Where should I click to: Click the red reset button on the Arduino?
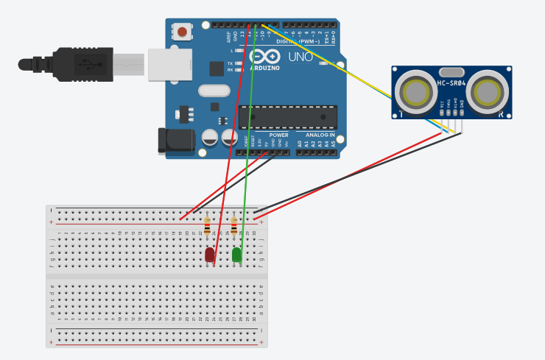click(x=180, y=32)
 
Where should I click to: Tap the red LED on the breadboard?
click(x=210, y=255)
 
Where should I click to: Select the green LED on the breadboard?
click(x=236, y=255)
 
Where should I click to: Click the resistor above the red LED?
click(x=207, y=226)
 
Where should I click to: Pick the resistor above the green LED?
click(x=234, y=226)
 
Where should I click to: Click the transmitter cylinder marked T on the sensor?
click(x=416, y=93)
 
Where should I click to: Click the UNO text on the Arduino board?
click(x=300, y=57)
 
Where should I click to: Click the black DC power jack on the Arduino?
click(x=175, y=141)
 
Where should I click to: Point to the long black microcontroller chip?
click(x=288, y=118)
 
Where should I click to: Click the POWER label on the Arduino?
click(x=278, y=135)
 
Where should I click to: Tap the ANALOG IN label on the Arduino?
click(x=320, y=135)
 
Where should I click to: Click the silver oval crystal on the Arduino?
click(x=214, y=91)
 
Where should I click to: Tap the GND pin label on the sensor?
click(x=462, y=105)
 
